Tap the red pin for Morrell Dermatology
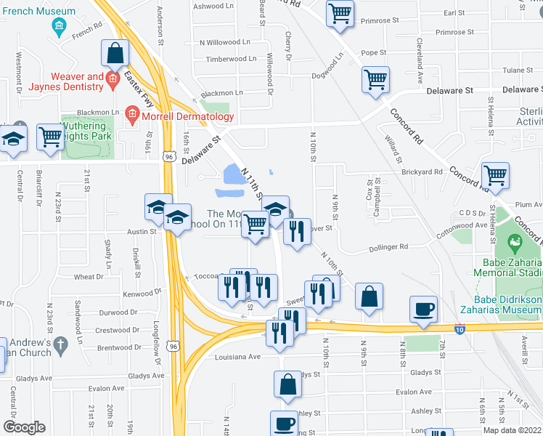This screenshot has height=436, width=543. click(132, 114)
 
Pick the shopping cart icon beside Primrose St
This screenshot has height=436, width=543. click(340, 14)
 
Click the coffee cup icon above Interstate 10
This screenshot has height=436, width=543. click(423, 308)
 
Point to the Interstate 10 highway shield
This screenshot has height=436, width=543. click(460, 329)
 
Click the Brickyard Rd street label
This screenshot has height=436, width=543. click(422, 172)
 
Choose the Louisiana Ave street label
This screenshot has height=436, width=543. click(237, 357)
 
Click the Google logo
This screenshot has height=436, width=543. click(24, 427)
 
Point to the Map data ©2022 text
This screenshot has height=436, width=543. click(513, 430)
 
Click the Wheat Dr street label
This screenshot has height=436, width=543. click(89, 277)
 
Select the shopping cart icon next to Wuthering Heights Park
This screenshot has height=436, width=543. click(50, 136)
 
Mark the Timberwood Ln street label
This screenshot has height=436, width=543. click(231, 59)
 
